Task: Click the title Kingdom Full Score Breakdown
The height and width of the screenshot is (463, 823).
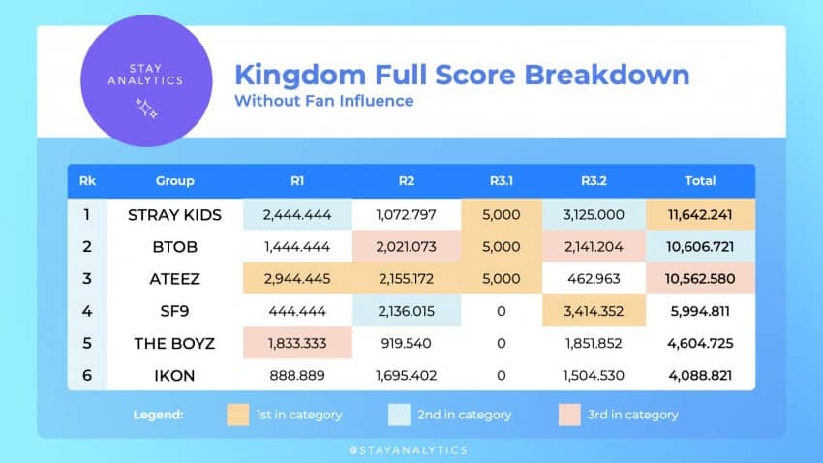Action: pyautogui.click(x=462, y=75)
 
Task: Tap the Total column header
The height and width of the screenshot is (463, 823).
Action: pyautogui.click(x=700, y=180)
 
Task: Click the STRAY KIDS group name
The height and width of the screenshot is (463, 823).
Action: pyautogui.click(x=174, y=215)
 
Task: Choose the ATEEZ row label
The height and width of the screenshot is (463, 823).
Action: pyautogui.click(x=174, y=279)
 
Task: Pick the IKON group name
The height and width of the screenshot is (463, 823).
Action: pyautogui.click(x=174, y=375)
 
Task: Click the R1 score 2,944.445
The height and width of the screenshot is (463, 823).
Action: pyautogui.click(x=296, y=279)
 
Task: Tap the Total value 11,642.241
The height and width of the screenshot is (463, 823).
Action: pyautogui.click(x=700, y=215)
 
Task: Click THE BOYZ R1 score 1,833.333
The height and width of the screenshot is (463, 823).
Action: pyautogui.click(x=296, y=343)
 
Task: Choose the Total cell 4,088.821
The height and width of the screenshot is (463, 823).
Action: pyautogui.click(x=700, y=375)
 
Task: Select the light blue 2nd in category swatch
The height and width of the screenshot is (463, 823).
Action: pyautogui.click(x=399, y=415)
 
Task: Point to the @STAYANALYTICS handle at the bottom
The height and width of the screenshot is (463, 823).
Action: pyautogui.click(x=411, y=449)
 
